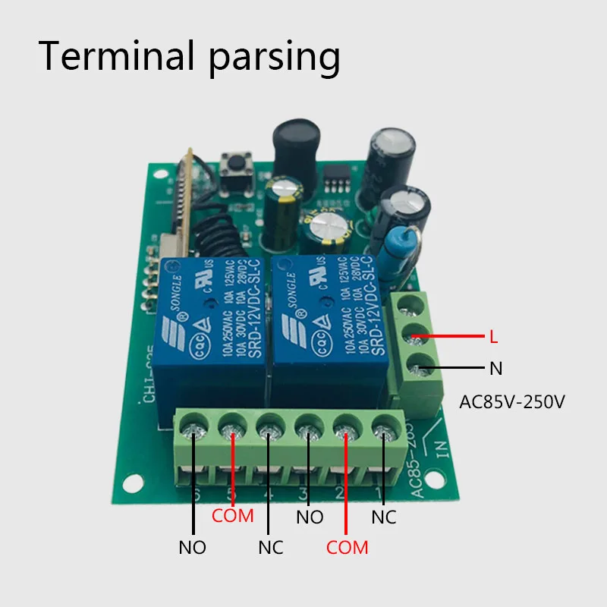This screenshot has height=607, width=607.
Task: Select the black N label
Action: click(x=495, y=369)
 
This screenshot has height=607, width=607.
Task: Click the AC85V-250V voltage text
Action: click(x=512, y=401)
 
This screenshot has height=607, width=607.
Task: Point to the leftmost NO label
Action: click(x=192, y=547)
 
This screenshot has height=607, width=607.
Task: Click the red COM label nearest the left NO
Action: click(x=233, y=517)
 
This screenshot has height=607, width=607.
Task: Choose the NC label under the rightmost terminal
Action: click(x=383, y=517)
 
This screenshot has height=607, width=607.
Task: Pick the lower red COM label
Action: click(x=347, y=547)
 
